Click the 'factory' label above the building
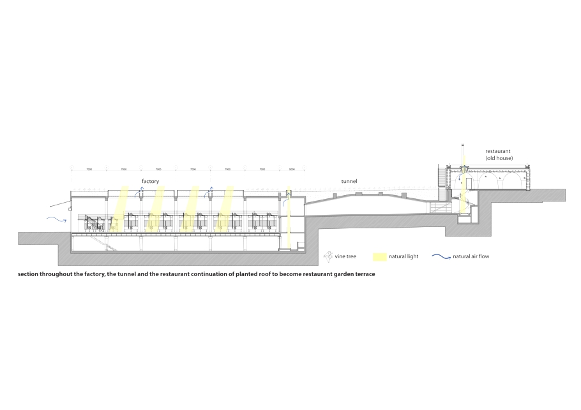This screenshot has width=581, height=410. [150, 182]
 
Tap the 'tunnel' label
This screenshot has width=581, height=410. [349, 182]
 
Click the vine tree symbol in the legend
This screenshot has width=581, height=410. [328, 257]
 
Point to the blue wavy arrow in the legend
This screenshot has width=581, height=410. [441, 257]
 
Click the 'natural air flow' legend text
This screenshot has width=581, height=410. [471, 257]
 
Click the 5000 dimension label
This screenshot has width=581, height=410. [291, 170]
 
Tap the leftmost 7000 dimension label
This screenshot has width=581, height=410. [89, 170]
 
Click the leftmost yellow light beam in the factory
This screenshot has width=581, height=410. [121, 207]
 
